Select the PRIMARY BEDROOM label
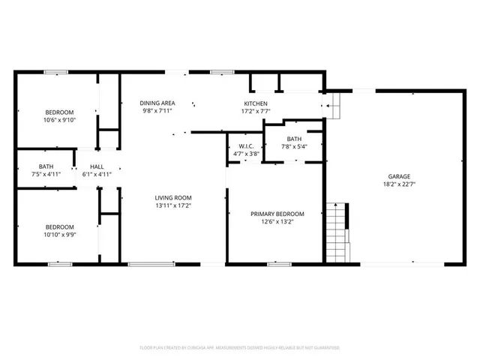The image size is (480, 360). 277,213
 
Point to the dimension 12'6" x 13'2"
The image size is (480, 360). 277,221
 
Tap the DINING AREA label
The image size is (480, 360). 157,103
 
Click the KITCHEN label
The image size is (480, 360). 256,103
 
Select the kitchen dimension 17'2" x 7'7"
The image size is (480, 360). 256,111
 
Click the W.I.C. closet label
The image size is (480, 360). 248,145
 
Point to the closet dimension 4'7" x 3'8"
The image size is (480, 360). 248,154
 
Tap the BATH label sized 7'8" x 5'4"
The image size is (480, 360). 293,138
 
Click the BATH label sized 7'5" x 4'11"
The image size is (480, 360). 46,166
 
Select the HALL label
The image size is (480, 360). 97,166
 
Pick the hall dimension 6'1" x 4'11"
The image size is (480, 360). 97,174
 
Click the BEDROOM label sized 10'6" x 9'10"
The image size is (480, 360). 59,112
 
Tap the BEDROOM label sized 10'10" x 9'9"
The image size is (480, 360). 59,226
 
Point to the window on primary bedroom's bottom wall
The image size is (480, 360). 279,263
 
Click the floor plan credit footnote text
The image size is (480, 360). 240,348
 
